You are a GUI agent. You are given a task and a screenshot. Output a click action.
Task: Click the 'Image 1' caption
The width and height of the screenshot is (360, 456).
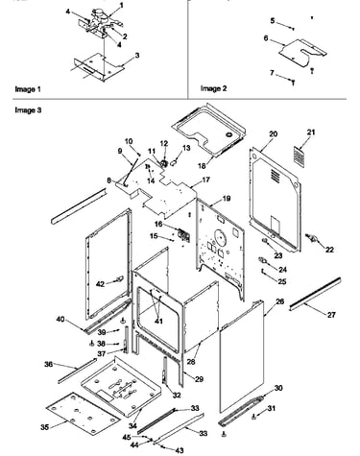[28, 89]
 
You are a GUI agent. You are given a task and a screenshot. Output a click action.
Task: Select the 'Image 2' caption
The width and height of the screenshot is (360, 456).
[213, 88]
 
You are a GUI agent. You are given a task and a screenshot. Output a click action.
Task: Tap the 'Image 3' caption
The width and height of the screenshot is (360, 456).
[28, 110]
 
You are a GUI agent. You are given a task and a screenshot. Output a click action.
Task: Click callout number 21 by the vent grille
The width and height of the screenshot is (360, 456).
[311, 132]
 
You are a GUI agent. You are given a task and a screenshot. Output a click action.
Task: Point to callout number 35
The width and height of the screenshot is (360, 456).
[45, 427]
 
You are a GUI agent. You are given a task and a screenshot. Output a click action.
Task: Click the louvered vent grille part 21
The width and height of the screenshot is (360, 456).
[299, 157]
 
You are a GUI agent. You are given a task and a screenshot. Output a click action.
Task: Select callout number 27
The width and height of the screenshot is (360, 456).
[331, 315]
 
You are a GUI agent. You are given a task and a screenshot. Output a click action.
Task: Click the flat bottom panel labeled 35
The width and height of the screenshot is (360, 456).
[83, 415]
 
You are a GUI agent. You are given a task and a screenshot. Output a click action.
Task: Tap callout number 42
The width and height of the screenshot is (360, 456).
[100, 283]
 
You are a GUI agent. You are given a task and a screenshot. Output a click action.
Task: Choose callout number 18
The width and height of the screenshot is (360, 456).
[202, 166]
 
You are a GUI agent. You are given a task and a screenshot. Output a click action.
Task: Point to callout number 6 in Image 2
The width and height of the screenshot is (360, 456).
[266, 38]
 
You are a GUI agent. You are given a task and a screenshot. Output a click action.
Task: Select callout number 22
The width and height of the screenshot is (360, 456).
[329, 250]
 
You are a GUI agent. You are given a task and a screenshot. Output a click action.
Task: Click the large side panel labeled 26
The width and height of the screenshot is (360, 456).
[242, 358]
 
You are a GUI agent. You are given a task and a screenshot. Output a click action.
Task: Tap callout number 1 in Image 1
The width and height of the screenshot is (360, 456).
[121, 6]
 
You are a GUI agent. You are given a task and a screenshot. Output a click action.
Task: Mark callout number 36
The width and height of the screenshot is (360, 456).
[48, 365]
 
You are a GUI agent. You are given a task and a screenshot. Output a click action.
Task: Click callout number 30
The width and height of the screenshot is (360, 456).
[278, 388]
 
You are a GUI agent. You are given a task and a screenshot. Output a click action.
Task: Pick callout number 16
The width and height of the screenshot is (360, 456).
[158, 224]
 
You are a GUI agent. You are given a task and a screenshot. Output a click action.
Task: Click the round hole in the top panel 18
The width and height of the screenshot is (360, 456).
[229, 134]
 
